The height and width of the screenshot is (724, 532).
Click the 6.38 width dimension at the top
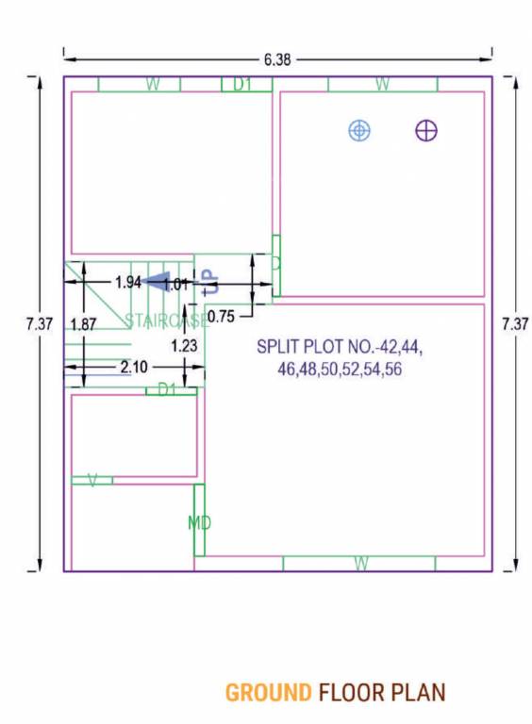277,59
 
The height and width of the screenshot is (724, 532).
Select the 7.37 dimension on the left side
40,323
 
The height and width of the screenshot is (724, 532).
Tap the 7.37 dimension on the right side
515,323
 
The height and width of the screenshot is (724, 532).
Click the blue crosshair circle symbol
359,130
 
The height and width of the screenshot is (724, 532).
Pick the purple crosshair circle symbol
426,130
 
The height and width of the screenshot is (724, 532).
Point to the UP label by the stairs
213,280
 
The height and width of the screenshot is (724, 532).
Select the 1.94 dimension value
128,282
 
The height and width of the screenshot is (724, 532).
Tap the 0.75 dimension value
222,316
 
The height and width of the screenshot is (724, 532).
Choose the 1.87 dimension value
83,324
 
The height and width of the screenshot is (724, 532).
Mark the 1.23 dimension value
184,346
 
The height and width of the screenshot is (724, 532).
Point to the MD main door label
198,522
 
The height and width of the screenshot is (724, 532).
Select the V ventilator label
92,481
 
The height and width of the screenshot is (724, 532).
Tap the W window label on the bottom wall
360,564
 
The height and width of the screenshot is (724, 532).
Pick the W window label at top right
382,85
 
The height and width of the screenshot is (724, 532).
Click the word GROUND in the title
268,694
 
